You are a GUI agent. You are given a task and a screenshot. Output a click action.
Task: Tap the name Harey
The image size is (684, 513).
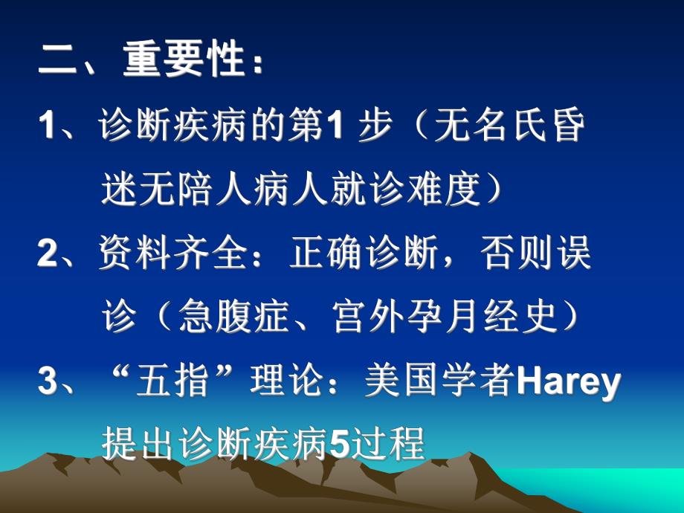click(567, 383)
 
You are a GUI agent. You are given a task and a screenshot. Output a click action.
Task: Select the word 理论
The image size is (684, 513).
click(285, 383)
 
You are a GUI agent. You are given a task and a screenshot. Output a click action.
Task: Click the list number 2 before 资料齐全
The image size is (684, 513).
click(46, 255)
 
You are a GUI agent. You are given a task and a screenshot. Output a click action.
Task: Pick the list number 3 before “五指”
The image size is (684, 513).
click(46, 383)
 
